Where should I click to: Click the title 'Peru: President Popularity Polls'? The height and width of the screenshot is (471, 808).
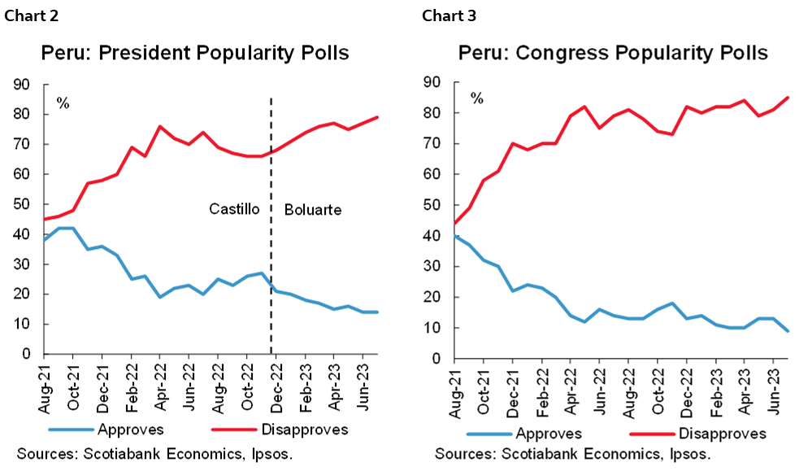coord(195,54)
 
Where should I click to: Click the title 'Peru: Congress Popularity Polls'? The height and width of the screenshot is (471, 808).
coord(613,54)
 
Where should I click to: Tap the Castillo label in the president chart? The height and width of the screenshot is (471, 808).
coord(234,209)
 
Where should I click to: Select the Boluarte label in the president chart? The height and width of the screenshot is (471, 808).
coord(313,210)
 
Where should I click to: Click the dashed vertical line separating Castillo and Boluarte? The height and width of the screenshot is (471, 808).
coord(271,244)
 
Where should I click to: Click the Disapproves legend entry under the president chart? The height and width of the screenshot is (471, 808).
coord(292,429)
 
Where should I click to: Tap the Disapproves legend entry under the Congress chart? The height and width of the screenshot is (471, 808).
coord(710,433)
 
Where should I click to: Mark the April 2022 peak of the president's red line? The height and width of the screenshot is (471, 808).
coord(160,126)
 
